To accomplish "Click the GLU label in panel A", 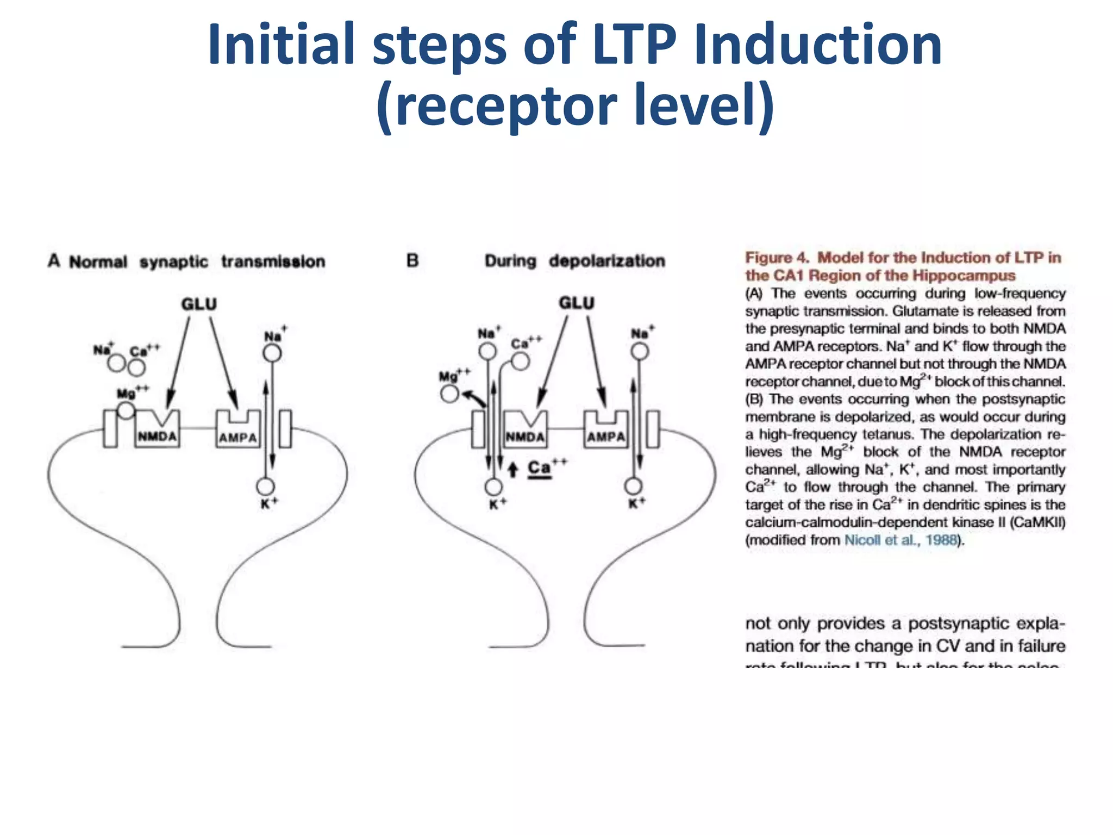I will [x=199, y=304].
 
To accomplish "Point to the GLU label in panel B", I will [x=577, y=303].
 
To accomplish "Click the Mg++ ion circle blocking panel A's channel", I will [x=126, y=410].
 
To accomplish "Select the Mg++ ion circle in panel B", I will [x=449, y=393].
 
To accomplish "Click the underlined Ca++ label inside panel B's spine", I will [x=540, y=468].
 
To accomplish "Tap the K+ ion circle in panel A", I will [x=265, y=486].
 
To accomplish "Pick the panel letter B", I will [x=412, y=261].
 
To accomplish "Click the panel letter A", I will [x=53, y=261].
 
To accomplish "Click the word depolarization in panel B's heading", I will [x=606, y=261].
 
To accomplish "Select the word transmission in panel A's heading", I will [x=273, y=261].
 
